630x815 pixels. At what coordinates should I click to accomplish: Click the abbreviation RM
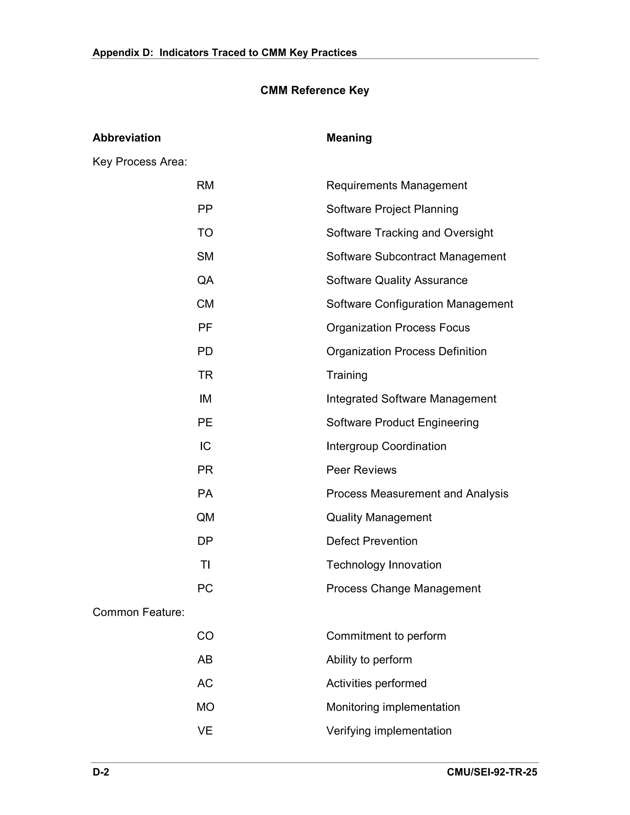tap(205, 185)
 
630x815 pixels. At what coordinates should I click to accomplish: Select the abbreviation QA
tap(205, 280)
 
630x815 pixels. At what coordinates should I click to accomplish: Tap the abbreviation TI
tap(205, 565)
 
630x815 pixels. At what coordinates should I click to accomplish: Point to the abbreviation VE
tap(205, 731)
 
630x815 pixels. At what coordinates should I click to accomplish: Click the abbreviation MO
tap(205, 707)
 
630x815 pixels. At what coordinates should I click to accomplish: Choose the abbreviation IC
tap(205, 446)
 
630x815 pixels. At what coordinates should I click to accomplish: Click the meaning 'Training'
tap(347, 375)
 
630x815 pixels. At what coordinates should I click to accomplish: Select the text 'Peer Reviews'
tap(361, 470)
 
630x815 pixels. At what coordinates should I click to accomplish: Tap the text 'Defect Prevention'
tap(372, 541)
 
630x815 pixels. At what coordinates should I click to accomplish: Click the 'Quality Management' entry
tap(379, 517)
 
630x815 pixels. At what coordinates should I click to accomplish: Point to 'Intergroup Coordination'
tap(386, 446)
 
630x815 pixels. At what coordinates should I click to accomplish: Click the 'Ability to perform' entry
tap(369, 659)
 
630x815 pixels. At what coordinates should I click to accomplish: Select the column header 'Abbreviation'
tap(126, 138)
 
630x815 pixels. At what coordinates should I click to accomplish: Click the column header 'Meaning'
tap(349, 138)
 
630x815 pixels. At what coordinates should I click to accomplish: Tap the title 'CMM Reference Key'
tap(315, 90)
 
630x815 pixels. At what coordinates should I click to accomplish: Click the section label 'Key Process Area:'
tap(140, 161)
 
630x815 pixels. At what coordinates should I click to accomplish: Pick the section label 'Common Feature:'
tap(138, 612)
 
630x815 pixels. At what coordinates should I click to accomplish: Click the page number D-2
tap(101, 772)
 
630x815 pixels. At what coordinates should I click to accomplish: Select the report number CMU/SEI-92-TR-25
tap(492, 772)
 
